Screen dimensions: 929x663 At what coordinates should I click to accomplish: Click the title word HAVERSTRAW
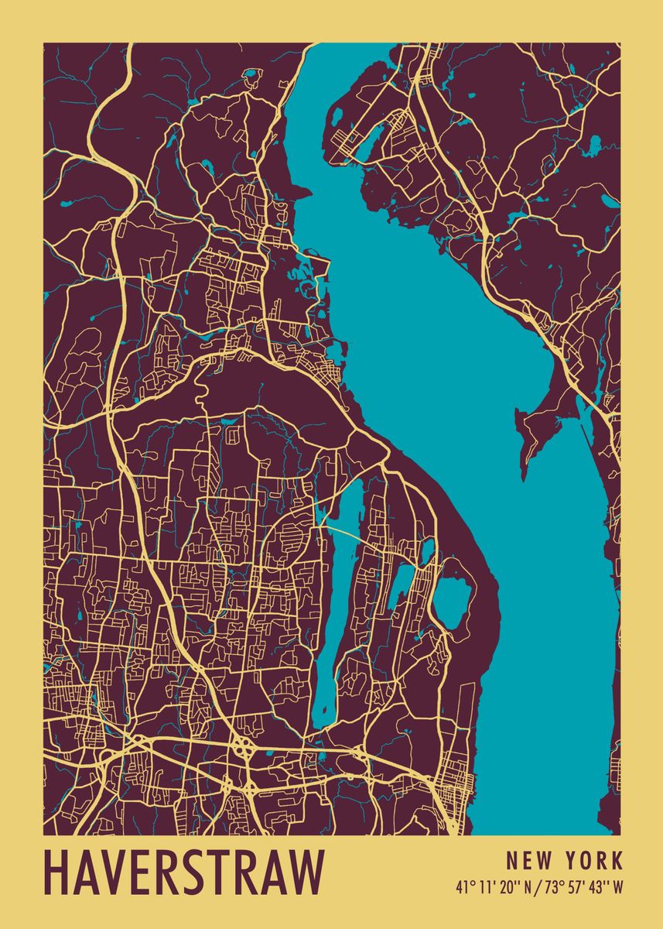click(x=184, y=872)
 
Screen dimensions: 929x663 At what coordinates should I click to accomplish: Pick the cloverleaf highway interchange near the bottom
click(x=244, y=749)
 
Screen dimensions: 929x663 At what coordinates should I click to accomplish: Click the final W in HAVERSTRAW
click(x=305, y=872)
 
